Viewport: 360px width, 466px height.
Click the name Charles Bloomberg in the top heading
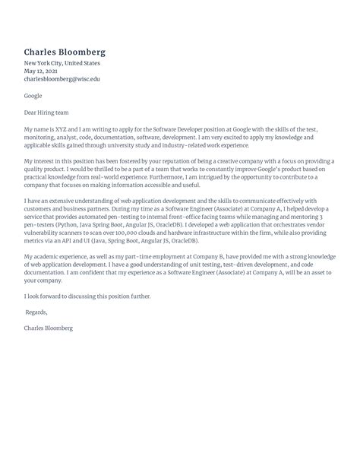(x=65, y=52)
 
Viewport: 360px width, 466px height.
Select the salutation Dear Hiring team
(x=50, y=112)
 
